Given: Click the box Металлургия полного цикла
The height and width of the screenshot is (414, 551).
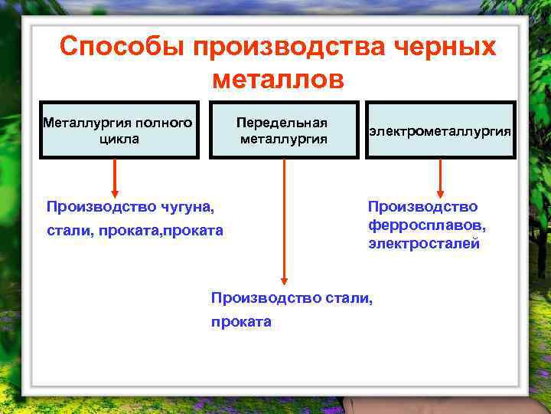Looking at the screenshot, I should tap(119, 130).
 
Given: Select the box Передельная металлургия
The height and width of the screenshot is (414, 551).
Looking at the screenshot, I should tap(283, 130).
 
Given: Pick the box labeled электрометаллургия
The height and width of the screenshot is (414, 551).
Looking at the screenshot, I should tap(440, 130).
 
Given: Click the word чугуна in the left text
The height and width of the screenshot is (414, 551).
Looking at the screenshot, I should tap(185, 206).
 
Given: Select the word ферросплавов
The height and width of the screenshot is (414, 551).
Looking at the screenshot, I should tap(426, 226).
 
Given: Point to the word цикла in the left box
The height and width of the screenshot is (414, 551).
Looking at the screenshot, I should tap(119, 139).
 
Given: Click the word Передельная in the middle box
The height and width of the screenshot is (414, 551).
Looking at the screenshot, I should tap(282, 123).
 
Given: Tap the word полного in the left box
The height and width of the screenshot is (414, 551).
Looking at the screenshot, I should tap(163, 122).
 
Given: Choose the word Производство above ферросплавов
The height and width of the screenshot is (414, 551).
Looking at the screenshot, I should tap(422, 206).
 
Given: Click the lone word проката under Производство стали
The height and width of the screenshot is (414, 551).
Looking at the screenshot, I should tap(241, 322).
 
